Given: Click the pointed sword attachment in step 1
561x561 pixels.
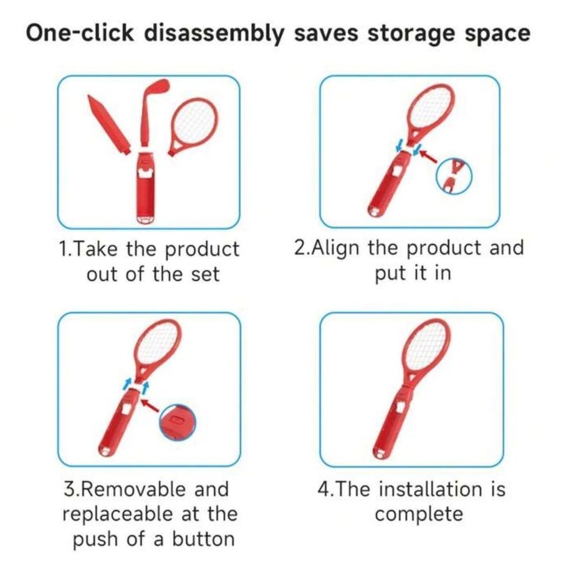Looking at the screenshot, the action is point(108,125).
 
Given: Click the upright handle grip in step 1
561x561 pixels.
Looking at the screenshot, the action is point(145,188).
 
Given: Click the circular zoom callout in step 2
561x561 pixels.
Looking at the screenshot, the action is point(454,176).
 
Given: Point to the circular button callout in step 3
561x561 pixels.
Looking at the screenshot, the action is point(178,423).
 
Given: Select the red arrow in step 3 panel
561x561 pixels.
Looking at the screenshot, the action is point(150,406).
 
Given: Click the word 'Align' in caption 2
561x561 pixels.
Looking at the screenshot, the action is point(335,248).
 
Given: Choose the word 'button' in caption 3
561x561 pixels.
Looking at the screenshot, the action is point(203,539).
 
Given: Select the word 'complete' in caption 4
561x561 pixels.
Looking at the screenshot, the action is point(419,514).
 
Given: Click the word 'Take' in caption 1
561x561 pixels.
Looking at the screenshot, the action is point(96,249).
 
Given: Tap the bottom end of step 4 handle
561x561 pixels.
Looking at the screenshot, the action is point(379,456).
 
